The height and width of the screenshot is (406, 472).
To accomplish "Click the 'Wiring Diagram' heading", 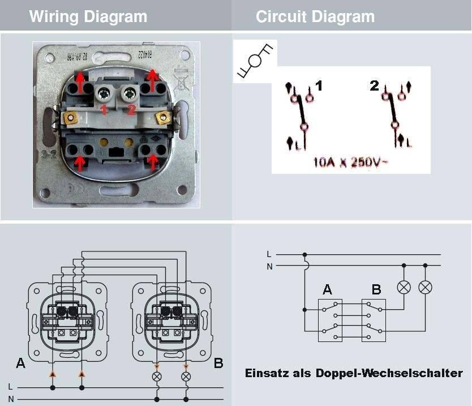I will [x=88, y=16].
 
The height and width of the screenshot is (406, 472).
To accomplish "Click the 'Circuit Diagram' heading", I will [x=315, y=16].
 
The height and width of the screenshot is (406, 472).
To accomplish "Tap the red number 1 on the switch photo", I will [x=104, y=109].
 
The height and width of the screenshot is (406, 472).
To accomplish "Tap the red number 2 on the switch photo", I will [x=131, y=109].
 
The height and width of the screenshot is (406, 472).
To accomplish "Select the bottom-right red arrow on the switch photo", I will [x=152, y=163].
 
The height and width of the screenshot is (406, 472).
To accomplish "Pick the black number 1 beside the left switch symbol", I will [x=319, y=87].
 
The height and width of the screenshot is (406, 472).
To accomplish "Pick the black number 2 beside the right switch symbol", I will [x=374, y=87].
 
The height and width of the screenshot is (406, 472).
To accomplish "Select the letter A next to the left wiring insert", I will [x=20, y=363].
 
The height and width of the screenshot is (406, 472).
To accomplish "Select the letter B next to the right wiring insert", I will [x=218, y=363].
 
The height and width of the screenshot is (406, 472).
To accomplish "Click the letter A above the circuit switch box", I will [x=327, y=290].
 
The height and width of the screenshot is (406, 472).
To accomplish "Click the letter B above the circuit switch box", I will [x=376, y=290].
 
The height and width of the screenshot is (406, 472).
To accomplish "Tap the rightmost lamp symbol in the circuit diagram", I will [x=425, y=287].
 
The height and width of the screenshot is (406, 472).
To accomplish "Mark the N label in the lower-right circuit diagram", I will [x=269, y=266].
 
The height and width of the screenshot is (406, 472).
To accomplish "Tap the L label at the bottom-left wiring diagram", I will [x=10, y=387].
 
